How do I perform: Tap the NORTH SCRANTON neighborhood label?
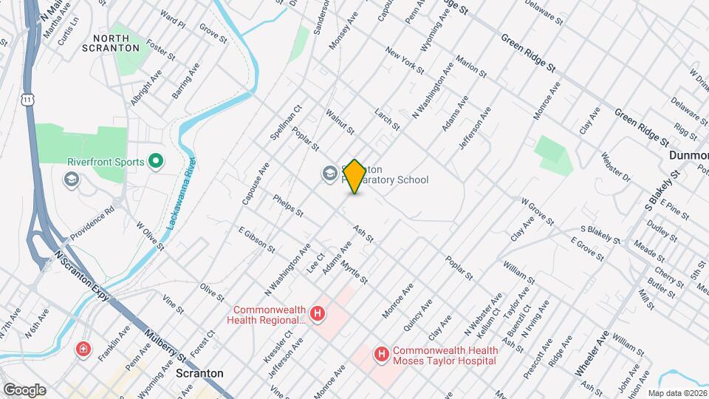tap(117, 42)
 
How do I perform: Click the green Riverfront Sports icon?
tap(156, 160)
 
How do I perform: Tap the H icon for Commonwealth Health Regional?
tap(318, 314)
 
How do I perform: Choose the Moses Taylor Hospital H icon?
tap(382, 355)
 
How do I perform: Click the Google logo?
tap(24, 389)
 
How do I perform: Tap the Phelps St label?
tap(288, 205)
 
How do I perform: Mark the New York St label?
tap(404, 61)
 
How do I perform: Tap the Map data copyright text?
tap(677, 393)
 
